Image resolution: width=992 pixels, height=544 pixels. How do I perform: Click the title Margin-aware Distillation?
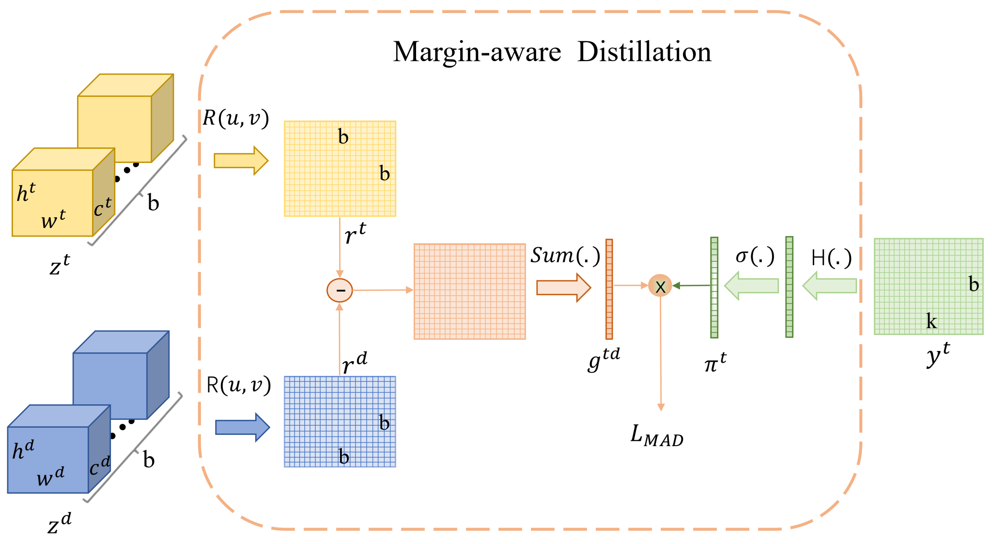[552, 52]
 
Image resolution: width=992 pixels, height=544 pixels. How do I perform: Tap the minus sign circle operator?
[340, 290]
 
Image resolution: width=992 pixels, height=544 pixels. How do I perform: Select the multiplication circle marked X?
[660, 286]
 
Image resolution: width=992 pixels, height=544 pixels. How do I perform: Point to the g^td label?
[604, 359]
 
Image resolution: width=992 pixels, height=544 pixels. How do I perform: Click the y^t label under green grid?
[938, 355]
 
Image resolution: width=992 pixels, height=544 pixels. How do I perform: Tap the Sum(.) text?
[565, 256]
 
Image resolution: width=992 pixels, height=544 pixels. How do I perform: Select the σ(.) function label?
[755, 256]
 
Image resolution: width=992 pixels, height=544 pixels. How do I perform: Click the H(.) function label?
[831, 258]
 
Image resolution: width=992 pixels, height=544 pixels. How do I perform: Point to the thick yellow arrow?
[241, 160]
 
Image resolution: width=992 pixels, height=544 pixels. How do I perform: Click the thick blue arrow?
[242, 427]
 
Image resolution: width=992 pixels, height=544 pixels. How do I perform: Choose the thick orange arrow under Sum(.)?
[563, 288]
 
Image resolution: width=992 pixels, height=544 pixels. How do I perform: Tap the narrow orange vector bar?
[609, 289]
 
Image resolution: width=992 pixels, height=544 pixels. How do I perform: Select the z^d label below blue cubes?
[60, 524]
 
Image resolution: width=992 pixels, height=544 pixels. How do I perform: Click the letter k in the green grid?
[931, 321]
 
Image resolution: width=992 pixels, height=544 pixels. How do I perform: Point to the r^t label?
[355, 234]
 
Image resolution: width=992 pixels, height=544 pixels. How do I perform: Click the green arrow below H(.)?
[829, 286]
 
